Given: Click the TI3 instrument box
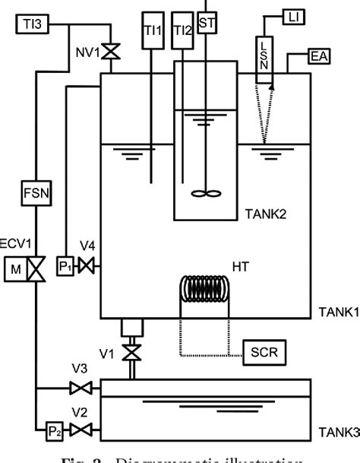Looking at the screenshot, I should pyautogui.click(x=33, y=25).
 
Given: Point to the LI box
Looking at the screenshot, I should pyautogui.click(x=294, y=14).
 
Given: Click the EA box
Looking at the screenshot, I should pyautogui.click(x=319, y=57).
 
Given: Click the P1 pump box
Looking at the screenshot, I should pyautogui.click(x=67, y=266).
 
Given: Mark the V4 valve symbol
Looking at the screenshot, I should pyautogui.click(x=90, y=266).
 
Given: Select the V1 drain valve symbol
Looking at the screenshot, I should pyautogui.click(x=134, y=352).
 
